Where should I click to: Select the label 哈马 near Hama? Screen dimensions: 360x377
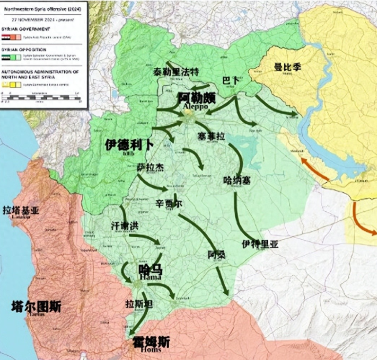[151, 270]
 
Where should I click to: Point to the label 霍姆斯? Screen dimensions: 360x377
[151, 341]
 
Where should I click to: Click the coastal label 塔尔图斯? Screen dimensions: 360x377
[37, 307]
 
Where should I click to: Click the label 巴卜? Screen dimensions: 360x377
[231, 79]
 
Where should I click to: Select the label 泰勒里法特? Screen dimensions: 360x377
[177, 72]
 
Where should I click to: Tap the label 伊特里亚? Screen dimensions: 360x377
[259, 244]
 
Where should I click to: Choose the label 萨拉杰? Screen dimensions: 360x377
[150, 167]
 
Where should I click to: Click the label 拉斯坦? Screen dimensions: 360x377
[139, 304]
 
